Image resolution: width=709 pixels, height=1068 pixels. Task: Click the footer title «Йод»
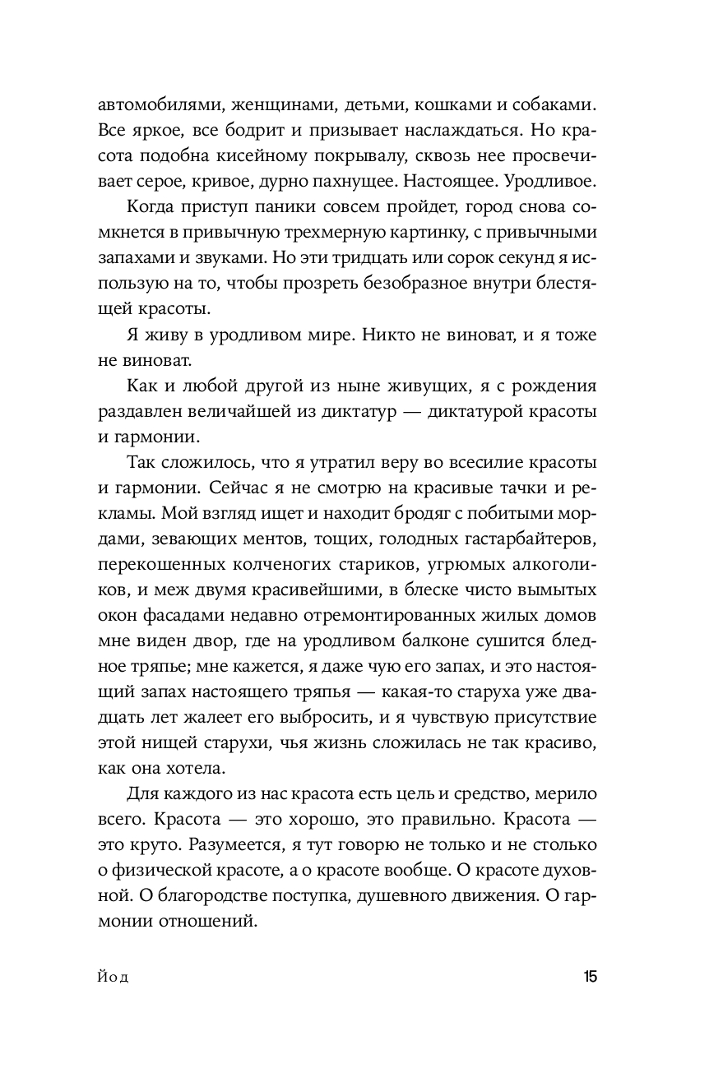click(x=114, y=978)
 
